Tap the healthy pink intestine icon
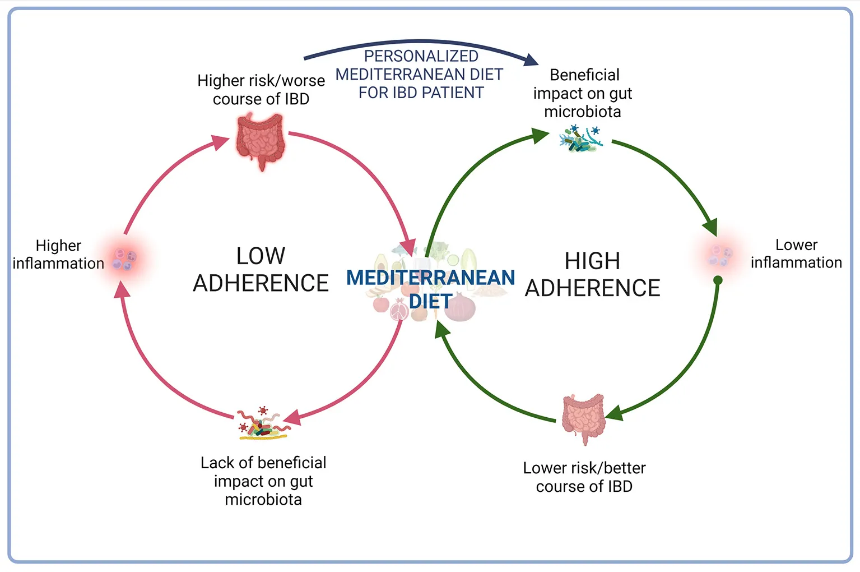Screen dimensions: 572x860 [x=583, y=418]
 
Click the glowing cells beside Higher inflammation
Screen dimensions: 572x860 [x=124, y=259]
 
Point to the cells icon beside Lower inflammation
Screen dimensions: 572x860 [x=720, y=255]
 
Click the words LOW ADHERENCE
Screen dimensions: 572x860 [x=261, y=270]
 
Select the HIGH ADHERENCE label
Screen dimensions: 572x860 [x=592, y=274]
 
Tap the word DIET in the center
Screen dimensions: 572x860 [x=430, y=302]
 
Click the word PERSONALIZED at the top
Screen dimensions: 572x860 [x=421, y=56]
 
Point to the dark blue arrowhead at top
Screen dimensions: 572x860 [x=530, y=59]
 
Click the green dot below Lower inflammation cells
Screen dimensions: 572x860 [x=718, y=280]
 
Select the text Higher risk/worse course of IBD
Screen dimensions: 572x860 [x=261, y=90]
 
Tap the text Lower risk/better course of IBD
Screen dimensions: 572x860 [x=584, y=477]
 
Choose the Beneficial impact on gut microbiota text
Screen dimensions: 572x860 [x=583, y=93]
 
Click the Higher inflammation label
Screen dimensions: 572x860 [x=58, y=255]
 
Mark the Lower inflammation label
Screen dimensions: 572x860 [x=796, y=253]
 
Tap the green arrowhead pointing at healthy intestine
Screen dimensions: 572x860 [x=615, y=413]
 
